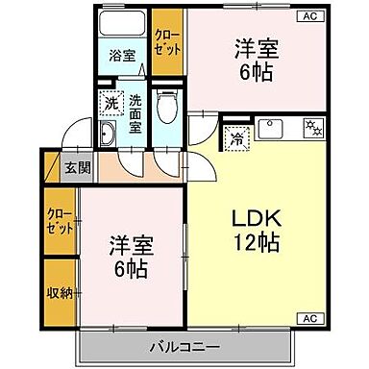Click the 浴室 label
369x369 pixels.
pos(120,55)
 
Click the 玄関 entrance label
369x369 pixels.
pos(77,166)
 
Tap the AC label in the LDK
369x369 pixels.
pos(311,318)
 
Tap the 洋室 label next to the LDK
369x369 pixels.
pos(130,244)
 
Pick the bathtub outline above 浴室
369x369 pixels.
pos(120,22)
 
